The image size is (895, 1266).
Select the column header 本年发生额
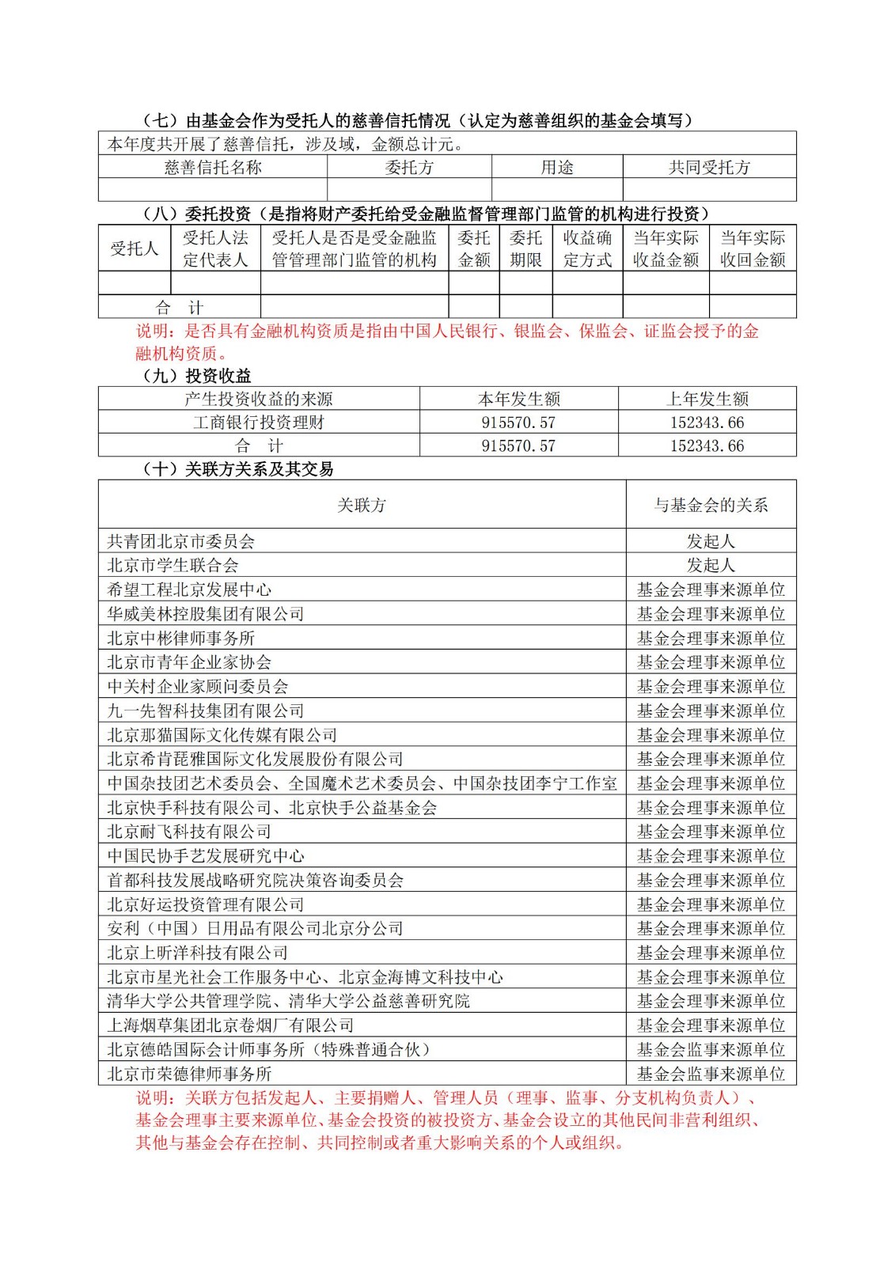518,399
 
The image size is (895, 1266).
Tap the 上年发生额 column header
707,399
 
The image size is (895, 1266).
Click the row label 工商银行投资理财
259,423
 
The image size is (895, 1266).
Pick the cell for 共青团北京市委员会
181,541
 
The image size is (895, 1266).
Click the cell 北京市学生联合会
173,565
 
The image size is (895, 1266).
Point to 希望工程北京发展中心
189,589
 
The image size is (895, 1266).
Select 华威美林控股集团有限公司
206,614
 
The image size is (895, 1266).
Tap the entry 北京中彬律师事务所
181,638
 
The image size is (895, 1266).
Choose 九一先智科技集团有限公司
206,711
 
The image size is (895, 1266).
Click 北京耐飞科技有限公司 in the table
189,832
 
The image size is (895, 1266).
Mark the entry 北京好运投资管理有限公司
206,904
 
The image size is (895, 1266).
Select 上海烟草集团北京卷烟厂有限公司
230,1025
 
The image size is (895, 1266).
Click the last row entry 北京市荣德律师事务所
189,1074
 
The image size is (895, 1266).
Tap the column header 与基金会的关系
711,505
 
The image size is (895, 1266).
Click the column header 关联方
362,505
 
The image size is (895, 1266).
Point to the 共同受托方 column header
709,167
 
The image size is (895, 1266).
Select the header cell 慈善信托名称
213,167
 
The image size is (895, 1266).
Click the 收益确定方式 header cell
587,248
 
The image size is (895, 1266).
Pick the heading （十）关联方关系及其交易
237,469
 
